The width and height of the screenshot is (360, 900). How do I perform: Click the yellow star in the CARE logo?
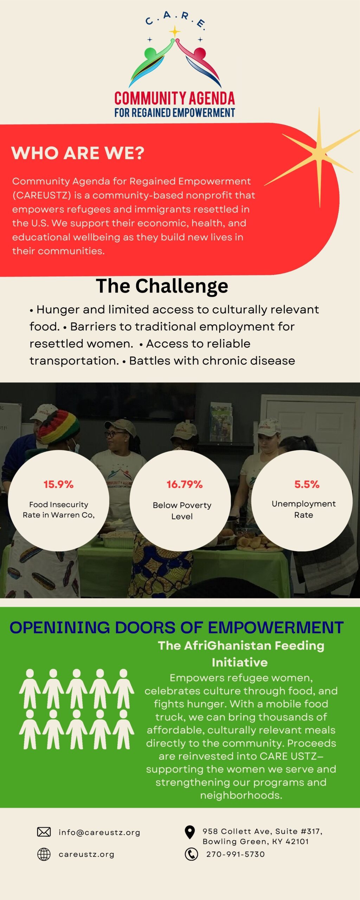coord(174,32)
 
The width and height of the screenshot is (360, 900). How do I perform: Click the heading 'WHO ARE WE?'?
coord(78,153)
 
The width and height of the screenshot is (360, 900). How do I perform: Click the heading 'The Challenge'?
coord(162,286)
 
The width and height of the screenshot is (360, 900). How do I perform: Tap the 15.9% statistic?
coord(58,484)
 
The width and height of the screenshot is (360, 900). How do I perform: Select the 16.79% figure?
coord(185,484)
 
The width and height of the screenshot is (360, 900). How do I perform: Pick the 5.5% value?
coord(307,484)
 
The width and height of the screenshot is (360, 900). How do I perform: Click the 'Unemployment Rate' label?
coord(304,509)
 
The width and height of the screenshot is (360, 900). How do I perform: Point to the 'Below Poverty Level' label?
coord(182,510)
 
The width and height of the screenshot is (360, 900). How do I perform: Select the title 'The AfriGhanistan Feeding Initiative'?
coord(241,654)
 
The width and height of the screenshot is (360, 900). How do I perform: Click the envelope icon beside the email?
coord(44,832)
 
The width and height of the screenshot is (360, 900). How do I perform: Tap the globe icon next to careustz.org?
coord(44,854)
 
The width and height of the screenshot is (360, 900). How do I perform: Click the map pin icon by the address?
coord(190,832)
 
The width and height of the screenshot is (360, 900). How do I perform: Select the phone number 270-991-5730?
coord(236,854)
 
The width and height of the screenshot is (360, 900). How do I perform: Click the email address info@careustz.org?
coord(99,832)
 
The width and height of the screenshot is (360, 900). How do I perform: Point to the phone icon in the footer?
coord(191,854)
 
